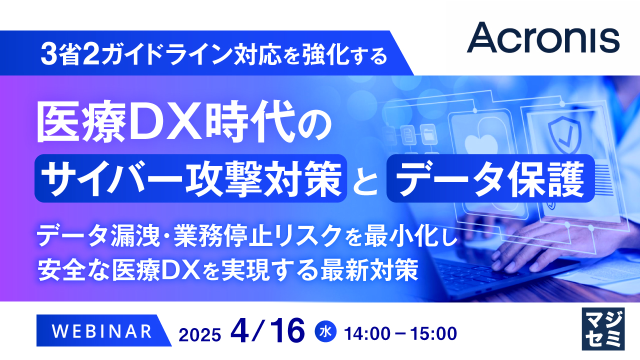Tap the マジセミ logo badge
pyautogui.click(x=603, y=329)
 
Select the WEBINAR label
pyautogui.click(x=102, y=330)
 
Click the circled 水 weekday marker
pyautogui.click(x=325, y=331)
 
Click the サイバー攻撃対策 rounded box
pyautogui.click(x=191, y=179)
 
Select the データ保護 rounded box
pyautogui.click(x=490, y=179)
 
